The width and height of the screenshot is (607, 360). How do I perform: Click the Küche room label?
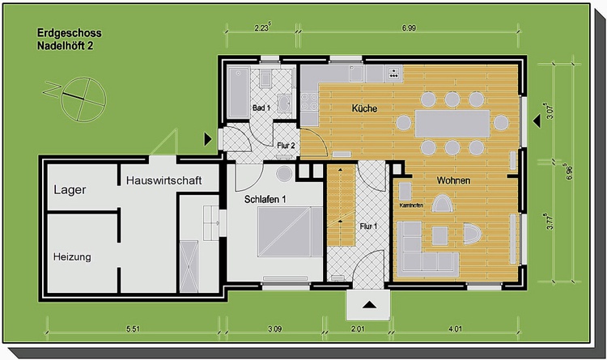point(364,108)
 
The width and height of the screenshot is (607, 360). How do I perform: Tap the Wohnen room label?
point(453,180)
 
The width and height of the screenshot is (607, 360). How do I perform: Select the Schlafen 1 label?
point(265,199)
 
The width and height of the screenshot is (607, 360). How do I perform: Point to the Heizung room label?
point(72,256)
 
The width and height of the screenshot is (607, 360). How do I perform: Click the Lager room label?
point(70,189)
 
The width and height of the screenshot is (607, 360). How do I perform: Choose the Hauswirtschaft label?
point(163,180)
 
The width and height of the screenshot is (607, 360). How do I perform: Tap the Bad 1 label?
point(261,108)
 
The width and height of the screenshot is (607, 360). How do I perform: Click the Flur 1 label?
point(368,226)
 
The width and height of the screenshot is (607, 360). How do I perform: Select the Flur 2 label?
point(286,146)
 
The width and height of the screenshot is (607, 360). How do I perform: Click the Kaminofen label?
point(411,205)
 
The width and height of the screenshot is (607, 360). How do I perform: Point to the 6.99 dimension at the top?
point(409,28)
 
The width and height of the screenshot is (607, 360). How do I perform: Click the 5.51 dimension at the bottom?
point(133,329)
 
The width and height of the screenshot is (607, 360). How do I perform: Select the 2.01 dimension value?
point(358,329)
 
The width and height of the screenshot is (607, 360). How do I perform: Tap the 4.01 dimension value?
point(455,329)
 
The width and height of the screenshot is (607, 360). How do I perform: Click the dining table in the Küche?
point(452,124)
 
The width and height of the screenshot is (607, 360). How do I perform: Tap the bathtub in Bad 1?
point(238,92)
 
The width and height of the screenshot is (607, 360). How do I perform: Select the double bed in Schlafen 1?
point(290,231)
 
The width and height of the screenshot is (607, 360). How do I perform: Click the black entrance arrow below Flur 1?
point(369,305)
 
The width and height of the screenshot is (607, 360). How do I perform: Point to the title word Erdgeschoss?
point(70,33)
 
